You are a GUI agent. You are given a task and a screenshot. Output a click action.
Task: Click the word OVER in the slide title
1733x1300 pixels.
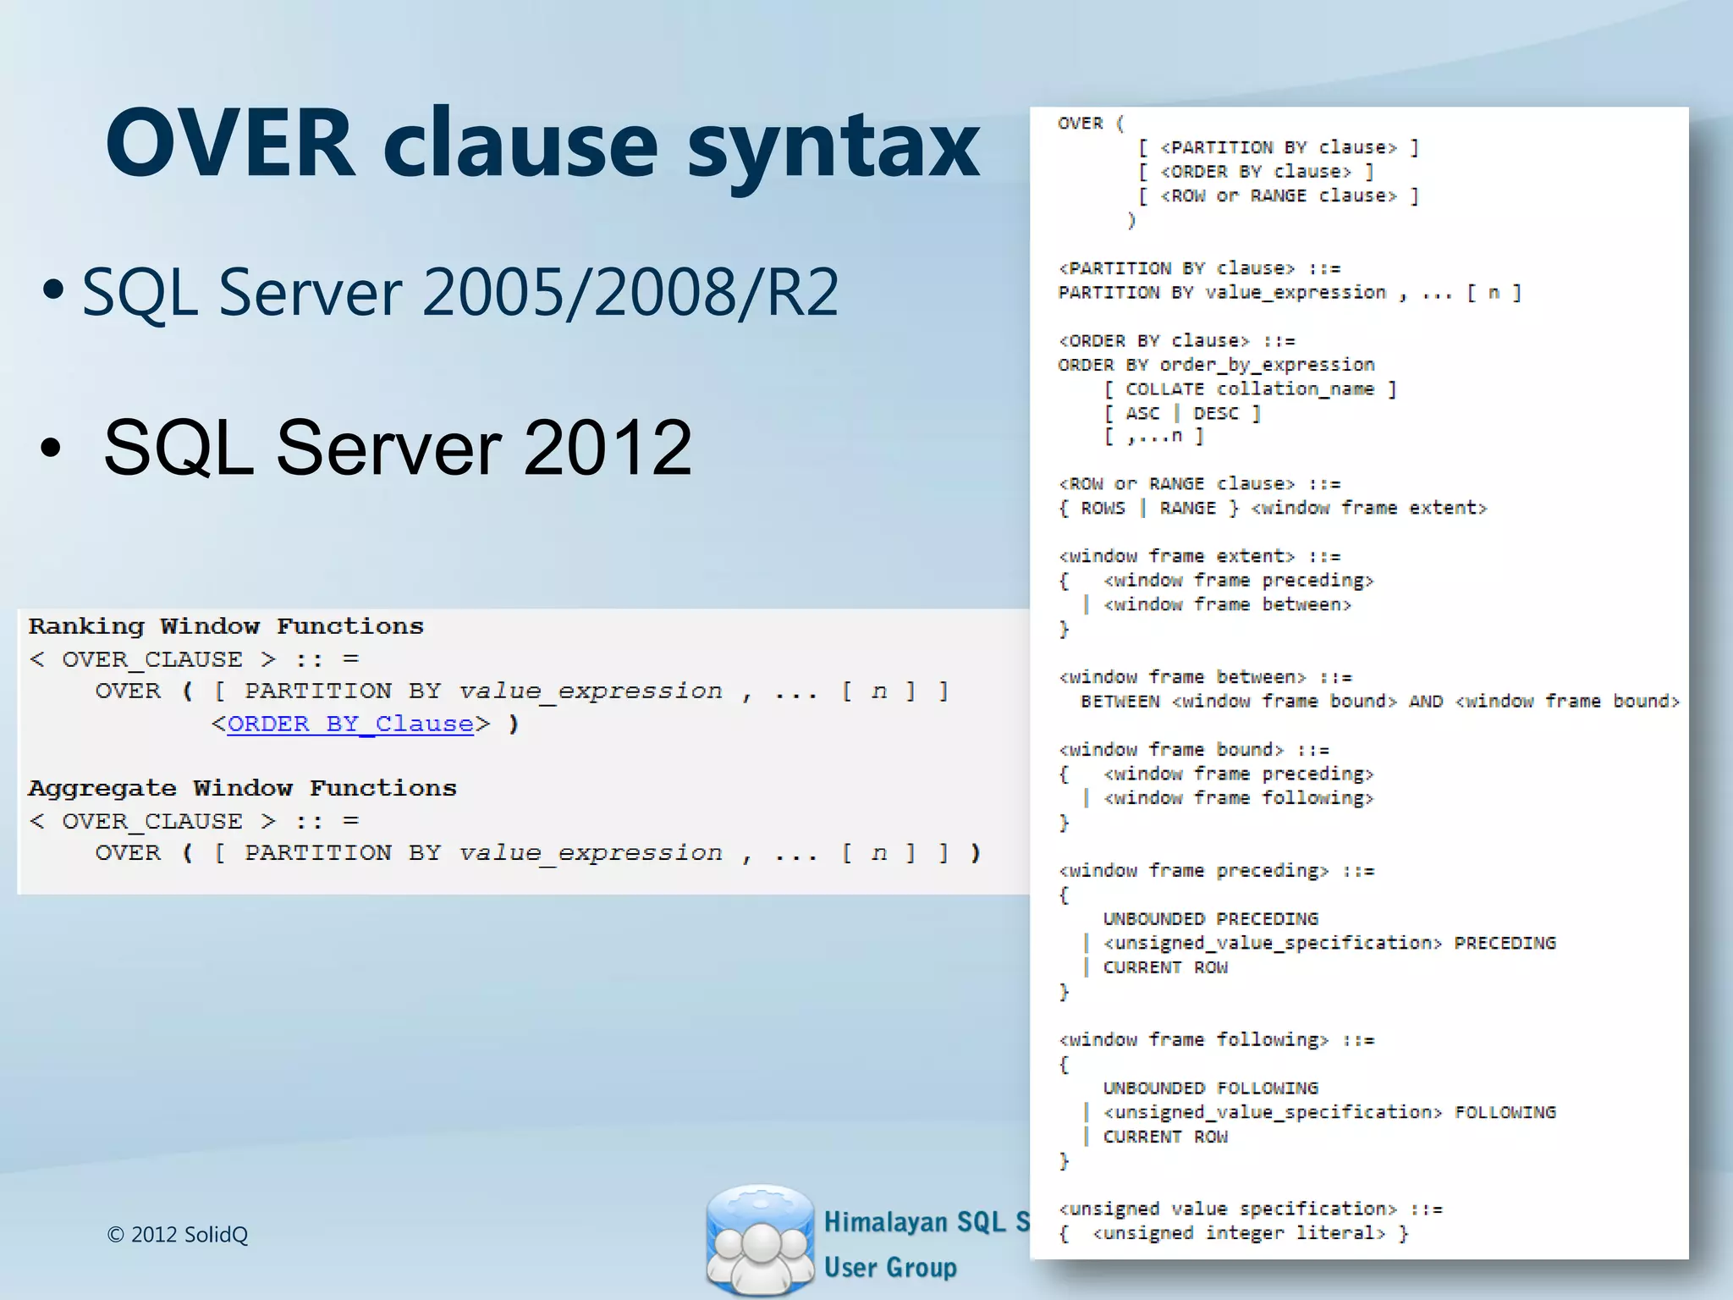(x=229, y=143)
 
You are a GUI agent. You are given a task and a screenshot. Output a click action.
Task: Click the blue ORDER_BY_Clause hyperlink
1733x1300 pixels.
(x=350, y=724)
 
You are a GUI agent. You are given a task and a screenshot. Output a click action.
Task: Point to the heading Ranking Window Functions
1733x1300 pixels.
(x=226, y=626)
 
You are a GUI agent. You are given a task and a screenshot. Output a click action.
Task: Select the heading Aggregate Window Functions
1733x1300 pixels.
(x=242, y=788)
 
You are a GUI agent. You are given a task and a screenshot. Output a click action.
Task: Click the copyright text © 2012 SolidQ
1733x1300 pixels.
(x=178, y=1234)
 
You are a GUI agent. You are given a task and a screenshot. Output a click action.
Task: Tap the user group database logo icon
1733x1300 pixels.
(x=759, y=1239)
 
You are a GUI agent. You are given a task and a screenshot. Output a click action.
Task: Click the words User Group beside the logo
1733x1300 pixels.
(x=890, y=1267)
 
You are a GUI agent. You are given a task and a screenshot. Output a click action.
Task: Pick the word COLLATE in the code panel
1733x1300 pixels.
(x=1164, y=389)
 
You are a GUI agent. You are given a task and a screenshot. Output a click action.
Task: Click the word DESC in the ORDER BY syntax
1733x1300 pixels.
(x=1216, y=414)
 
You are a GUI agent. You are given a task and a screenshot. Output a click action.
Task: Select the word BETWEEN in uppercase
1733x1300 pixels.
(x=1120, y=702)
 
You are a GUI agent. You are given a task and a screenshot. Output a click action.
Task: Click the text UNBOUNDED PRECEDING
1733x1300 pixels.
(x=1210, y=919)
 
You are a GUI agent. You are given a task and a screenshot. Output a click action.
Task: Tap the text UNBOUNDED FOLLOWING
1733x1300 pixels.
(x=1210, y=1088)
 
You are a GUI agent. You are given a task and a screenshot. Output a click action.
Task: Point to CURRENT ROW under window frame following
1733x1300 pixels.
(x=1165, y=1137)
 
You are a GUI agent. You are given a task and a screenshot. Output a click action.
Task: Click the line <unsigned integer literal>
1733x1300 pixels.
(x=1238, y=1233)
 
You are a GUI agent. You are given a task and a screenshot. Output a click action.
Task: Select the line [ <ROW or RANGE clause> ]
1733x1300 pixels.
(x=1279, y=196)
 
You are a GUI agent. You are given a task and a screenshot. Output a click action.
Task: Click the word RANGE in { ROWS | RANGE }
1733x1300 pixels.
(x=1187, y=509)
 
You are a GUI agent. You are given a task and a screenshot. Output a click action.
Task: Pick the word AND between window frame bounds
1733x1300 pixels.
(x=1426, y=702)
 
